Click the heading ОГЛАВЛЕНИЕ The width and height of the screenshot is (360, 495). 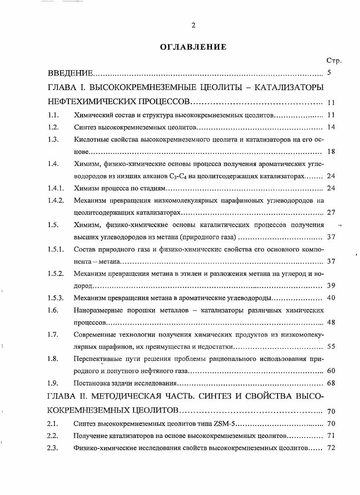(x=193, y=47)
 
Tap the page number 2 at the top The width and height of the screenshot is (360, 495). (x=193, y=25)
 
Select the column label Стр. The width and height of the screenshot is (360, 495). (x=333, y=60)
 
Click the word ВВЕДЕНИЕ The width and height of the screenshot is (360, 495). (x=71, y=73)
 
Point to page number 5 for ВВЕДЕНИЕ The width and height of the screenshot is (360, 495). (x=329, y=72)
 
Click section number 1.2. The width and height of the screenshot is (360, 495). (x=53, y=127)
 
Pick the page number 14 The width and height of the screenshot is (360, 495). (x=331, y=127)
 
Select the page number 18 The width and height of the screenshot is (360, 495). (x=331, y=152)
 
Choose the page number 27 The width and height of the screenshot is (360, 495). (x=331, y=212)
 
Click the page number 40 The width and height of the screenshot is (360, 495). (x=331, y=298)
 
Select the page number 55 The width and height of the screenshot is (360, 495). (x=331, y=347)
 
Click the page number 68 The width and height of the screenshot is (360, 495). (x=331, y=384)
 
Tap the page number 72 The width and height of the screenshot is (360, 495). (x=331, y=448)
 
